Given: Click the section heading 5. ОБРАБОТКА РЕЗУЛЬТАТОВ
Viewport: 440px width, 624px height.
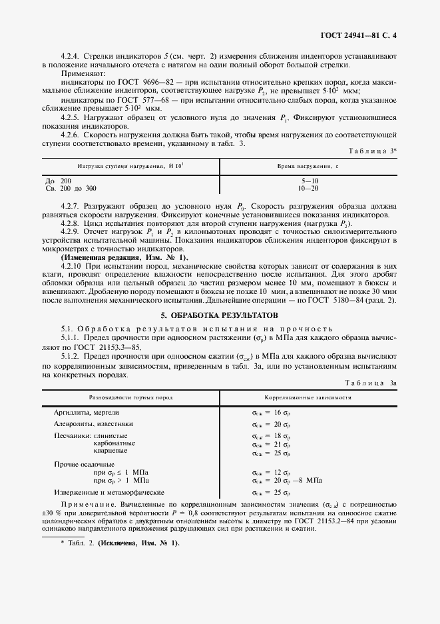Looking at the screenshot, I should (x=219, y=314).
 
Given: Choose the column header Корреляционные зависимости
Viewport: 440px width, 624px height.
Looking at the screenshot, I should (x=308, y=397).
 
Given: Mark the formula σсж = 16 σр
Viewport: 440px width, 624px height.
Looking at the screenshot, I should (x=271, y=413).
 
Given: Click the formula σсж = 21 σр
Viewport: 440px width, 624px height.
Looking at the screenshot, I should (x=271, y=443).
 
